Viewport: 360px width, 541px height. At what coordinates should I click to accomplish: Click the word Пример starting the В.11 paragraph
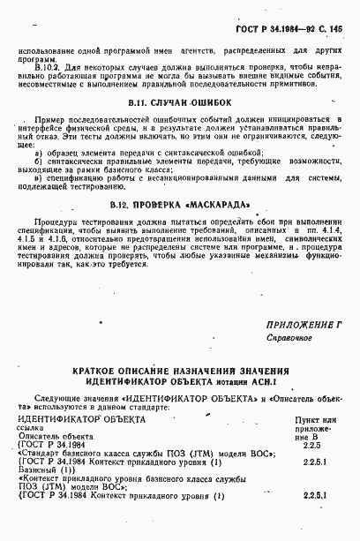coord(44,119)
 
